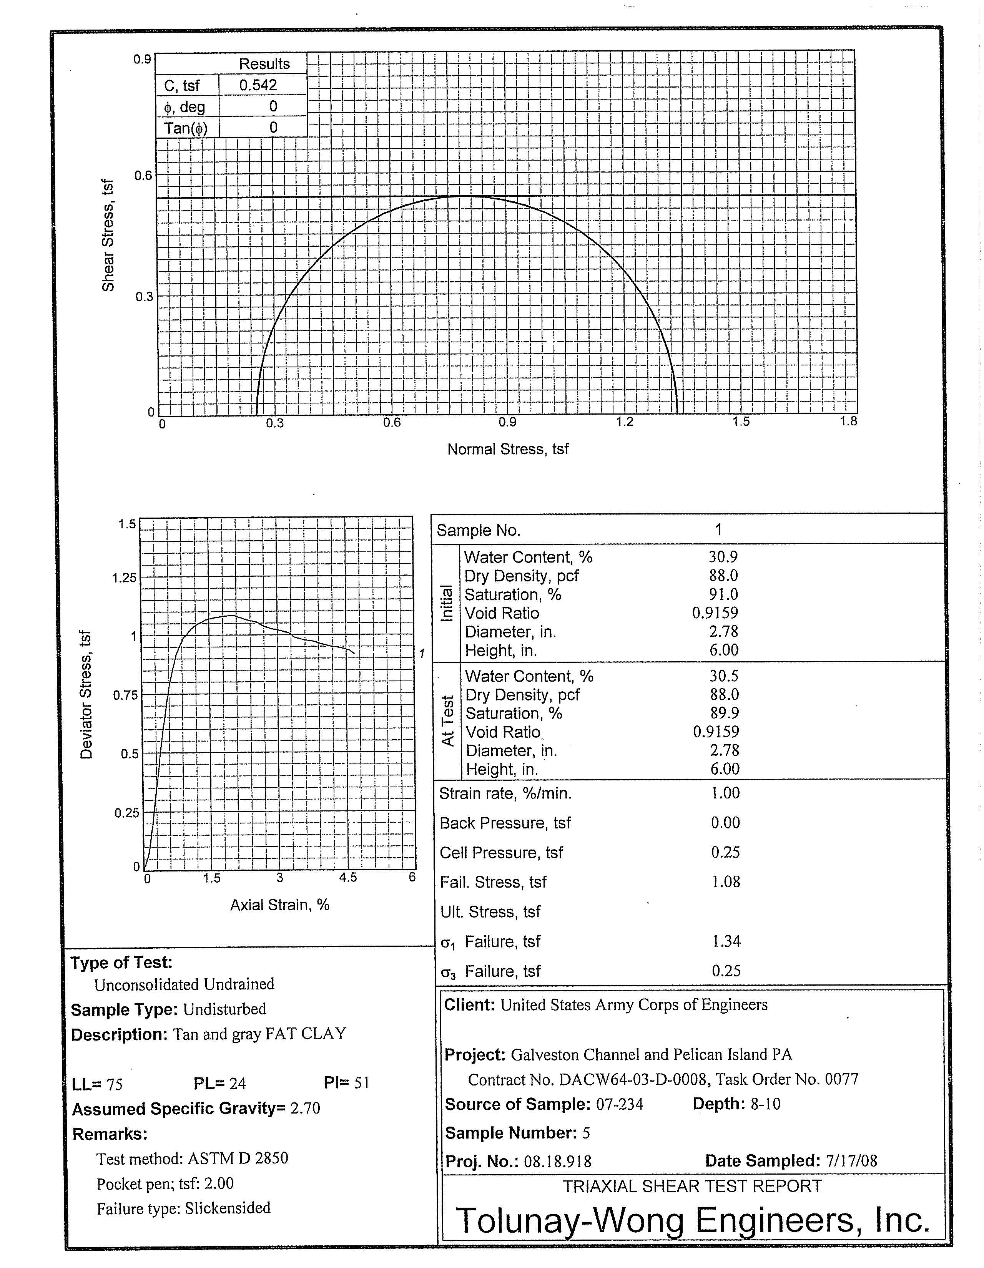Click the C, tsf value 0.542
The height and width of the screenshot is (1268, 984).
pyautogui.click(x=258, y=85)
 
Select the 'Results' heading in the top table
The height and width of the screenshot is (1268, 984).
pyautogui.click(x=264, y=64)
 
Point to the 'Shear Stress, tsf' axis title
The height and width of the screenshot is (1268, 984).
pyautogui.click(x=108, y=236)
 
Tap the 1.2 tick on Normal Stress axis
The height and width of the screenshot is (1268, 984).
pyautogui.click(x=625, y=422)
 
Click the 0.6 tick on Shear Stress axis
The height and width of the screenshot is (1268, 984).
pyautogui.click(x=143, y=175)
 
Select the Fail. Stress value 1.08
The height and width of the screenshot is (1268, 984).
pyautogui.click(x=726, y=882)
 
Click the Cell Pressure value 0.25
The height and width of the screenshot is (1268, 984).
pyautogui.click(x=726, y=852)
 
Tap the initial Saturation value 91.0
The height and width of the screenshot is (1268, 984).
pyautogui.click(x=723, y=594)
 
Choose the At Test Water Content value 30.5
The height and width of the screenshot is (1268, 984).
pyautogui.click(x=724, y=676)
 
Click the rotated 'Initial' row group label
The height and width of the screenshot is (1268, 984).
pyautogui.click(x=447, y=603)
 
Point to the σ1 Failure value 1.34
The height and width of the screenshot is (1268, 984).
pyautogui.click(x=726, y=941)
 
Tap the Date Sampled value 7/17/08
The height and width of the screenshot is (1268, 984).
pyautogui.click(x=851, y=1160)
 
